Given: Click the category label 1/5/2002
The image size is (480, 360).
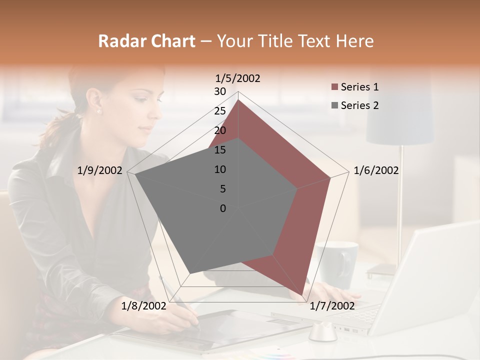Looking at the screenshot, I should tap(237, 78).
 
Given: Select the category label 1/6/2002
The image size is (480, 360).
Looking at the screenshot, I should tap(376, 170).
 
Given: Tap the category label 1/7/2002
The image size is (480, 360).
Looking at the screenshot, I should tap(332, 306).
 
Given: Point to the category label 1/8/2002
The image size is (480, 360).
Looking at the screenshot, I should tap(144, 306).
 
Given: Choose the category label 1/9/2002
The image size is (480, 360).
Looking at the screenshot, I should tap(99, 170).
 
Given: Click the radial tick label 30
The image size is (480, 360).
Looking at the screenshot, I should tap(220, 91).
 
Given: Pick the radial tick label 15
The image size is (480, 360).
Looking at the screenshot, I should tap(220, 150).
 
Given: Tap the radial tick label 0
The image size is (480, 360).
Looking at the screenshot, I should tap(223, 208).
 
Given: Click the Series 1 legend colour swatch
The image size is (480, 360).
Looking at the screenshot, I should tap(334, 87).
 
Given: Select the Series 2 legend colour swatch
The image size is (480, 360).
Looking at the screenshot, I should tap(334, 105).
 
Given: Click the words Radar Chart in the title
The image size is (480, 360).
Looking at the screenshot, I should tap(146, 41).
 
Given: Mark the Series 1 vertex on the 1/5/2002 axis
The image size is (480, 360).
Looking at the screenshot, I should tap(238, 99).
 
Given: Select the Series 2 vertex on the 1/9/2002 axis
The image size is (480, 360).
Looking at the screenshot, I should tap(135, 175).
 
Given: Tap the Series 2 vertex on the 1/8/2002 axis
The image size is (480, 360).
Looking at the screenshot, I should tap(190, 273).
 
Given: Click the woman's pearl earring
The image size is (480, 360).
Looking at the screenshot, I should tap(98, 111).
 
